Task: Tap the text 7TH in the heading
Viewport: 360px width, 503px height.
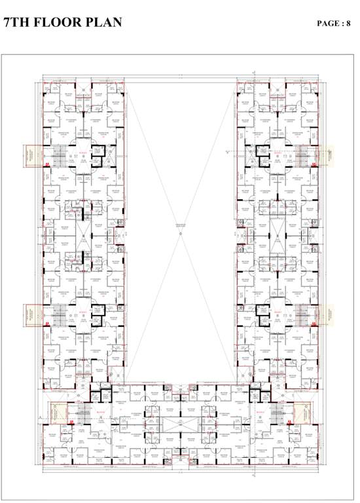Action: (x=16, y=22)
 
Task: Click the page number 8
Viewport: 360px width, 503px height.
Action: (x=349, y=24)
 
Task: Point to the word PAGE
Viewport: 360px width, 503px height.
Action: (x=329, y=24)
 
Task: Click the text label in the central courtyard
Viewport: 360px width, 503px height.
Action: (x=180, y=227)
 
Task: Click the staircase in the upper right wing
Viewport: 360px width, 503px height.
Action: (x=303, y=156)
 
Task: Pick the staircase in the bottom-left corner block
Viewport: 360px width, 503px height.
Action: (x=84, y=414)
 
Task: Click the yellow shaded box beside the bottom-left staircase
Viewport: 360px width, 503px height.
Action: (x=59, y=414)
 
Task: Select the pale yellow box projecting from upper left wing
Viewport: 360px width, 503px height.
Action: (x=31, y=155)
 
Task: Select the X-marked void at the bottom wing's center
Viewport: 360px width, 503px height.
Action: (x=180, y=422)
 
